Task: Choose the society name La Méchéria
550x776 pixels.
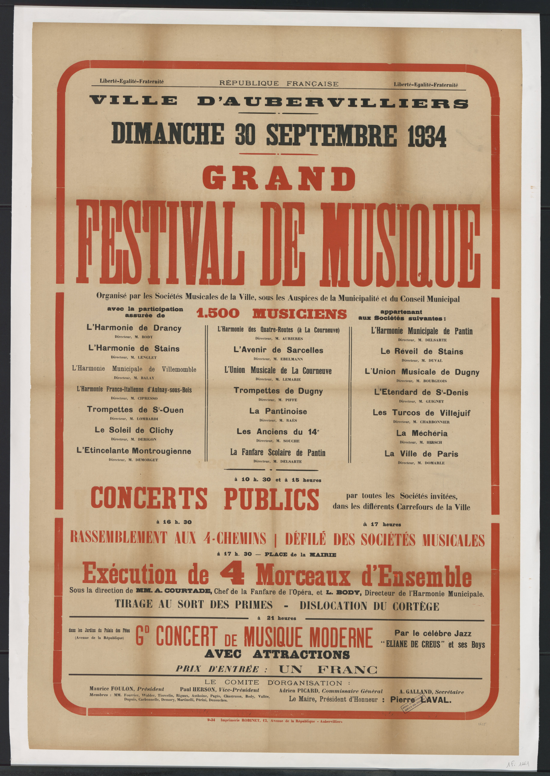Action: (422, 433)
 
